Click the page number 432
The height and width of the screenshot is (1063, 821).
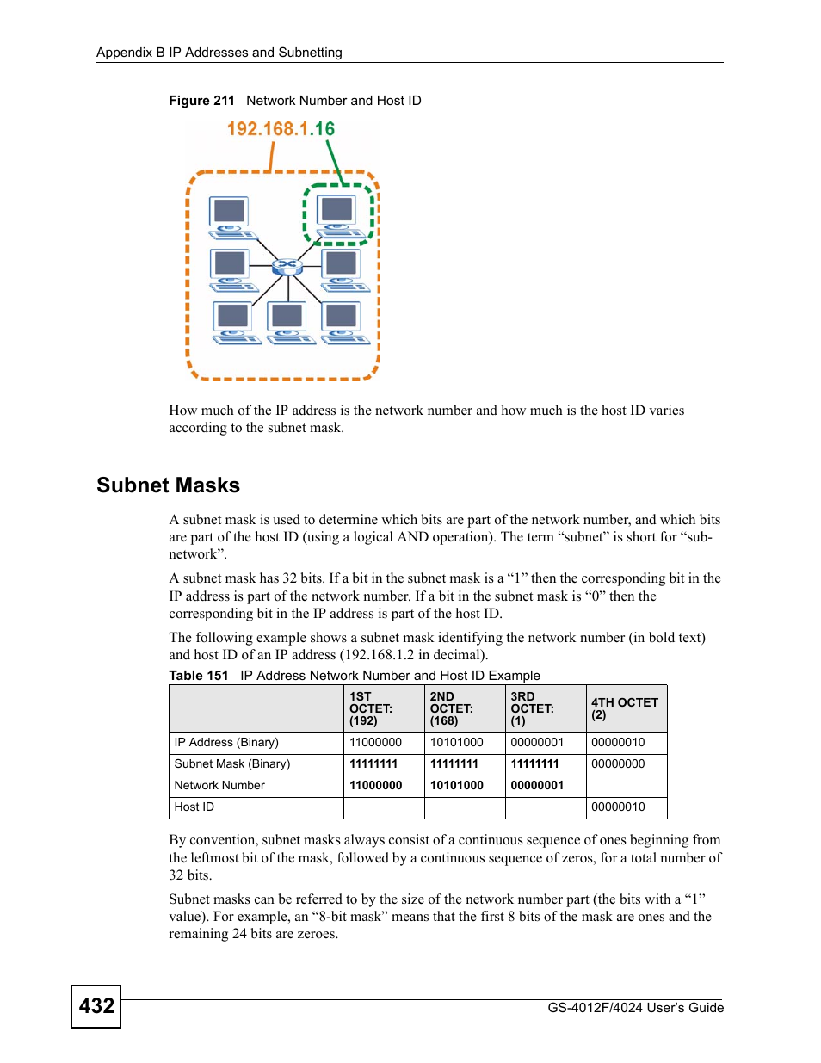[x=96, y=1005]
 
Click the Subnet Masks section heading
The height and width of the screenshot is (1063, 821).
[x=168, y=485]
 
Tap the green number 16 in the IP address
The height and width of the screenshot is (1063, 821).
[x=324, y=129]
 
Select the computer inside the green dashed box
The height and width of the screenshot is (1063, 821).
[x=338, y=215]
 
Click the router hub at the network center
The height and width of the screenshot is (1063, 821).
[x=287, y=266]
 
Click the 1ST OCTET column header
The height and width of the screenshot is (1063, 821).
[x=371, y=708]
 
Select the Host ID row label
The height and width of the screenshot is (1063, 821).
[x=194, y=807]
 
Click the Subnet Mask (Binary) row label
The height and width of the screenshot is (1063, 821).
[x=232, y=764]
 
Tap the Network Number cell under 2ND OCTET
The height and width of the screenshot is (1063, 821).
[x=457, y=786]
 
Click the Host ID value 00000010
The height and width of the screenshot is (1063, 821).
[x=618, y=807]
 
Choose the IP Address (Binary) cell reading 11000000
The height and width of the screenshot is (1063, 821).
[x=375, y=743]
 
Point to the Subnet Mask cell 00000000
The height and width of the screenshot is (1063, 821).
[x=618, y=764]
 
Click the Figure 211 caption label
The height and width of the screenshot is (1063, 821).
[x=201, y=101]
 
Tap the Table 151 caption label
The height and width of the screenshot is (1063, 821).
[x=199, y=676]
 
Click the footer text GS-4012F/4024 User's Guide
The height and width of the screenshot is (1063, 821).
[x=635, y=1008]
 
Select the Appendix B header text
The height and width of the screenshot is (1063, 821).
[x=219, y=53]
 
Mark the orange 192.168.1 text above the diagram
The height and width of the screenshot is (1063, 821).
[x=268, y=129]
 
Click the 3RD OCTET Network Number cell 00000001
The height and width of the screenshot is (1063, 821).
[x=537, y=786]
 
